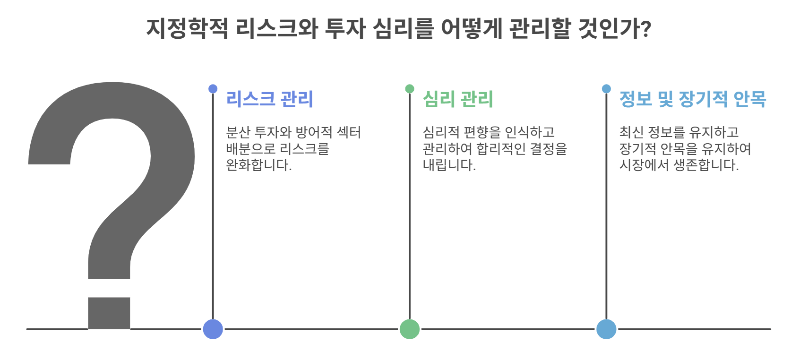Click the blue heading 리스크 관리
(269, 99)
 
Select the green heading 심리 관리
(457, 99)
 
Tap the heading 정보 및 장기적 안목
(692, 99)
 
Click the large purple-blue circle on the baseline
(213, 329)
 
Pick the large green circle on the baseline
(410, 329)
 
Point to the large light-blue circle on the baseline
(606, 329)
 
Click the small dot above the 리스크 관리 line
(213, 89)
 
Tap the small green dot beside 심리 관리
(410, 89)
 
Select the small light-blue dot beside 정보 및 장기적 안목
(606, 89)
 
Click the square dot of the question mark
(109, 313)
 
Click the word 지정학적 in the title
(187, 28)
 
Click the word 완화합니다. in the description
(258, 165)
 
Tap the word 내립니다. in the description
(449, 165)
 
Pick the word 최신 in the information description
(631, 132)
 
